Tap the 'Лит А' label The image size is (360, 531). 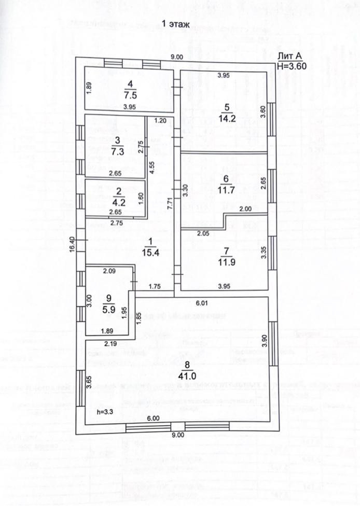click(288, 57)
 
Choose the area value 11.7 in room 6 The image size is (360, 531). click(226, 190)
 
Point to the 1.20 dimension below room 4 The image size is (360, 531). click(160, 121)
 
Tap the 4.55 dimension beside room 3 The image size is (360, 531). click(152, 170)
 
